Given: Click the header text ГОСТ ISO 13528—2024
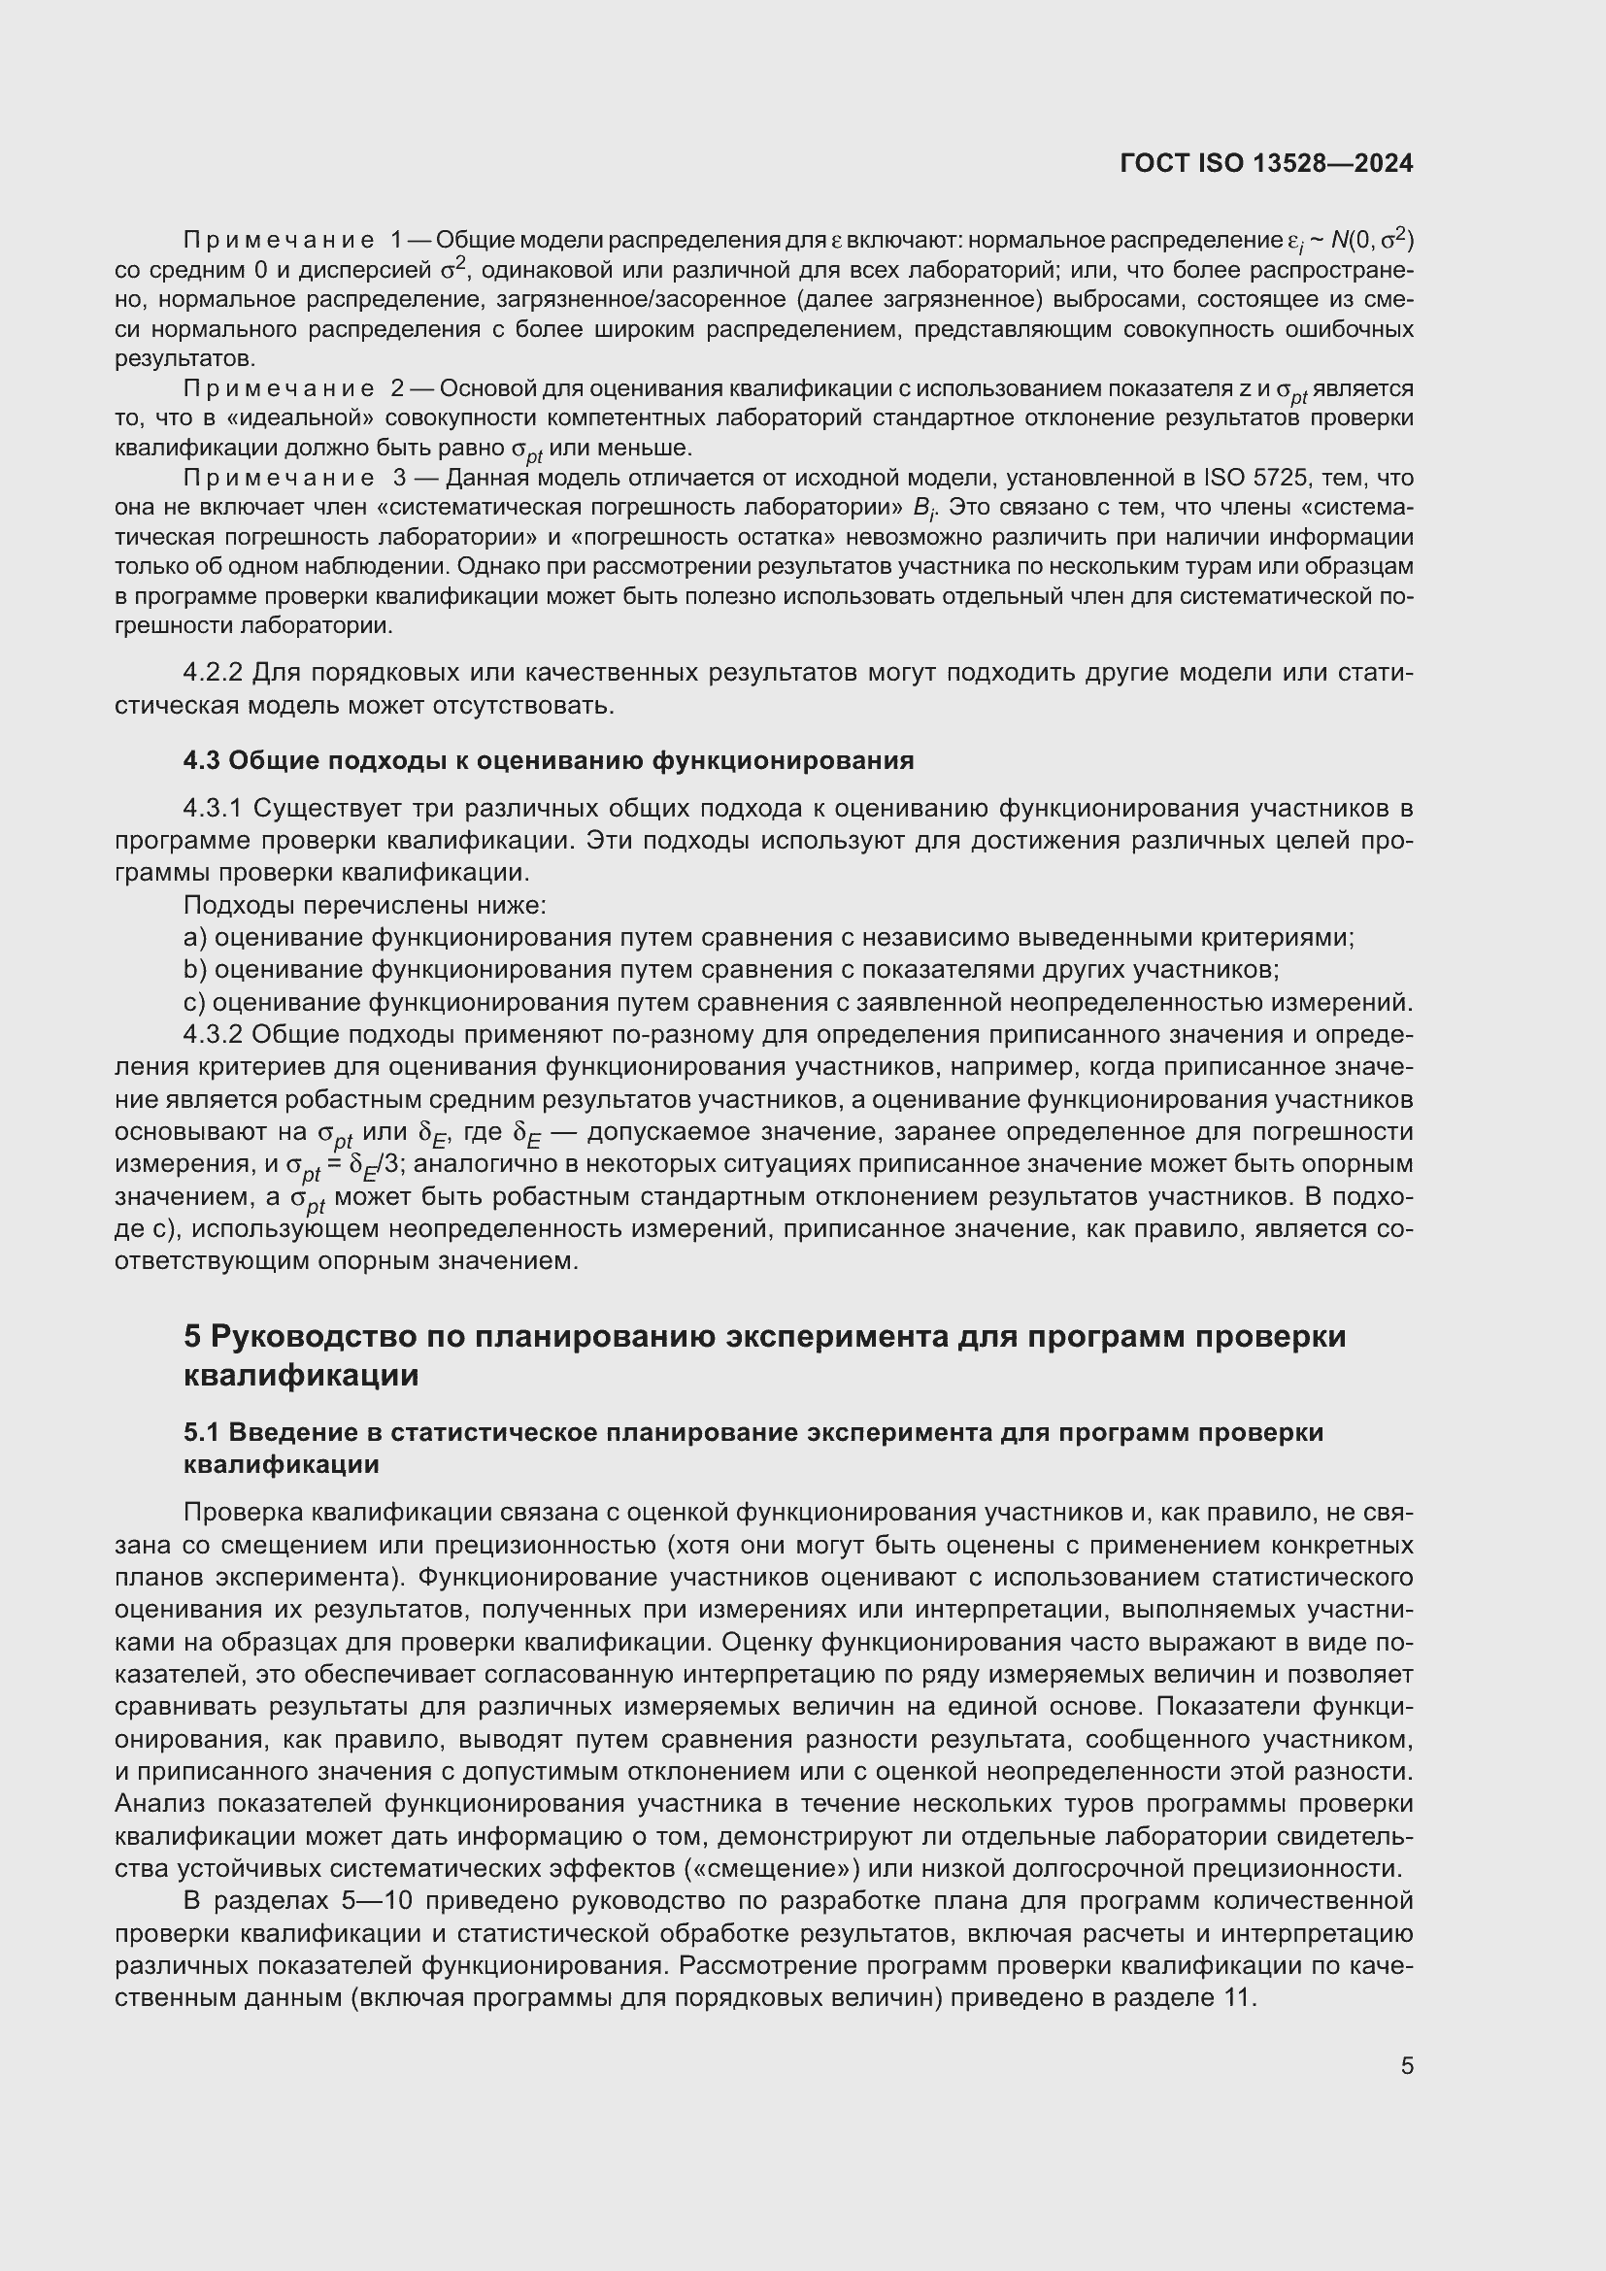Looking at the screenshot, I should click(1266, 163).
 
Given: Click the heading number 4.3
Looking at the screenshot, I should click(203, 760).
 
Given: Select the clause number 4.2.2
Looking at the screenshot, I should click(213, 673).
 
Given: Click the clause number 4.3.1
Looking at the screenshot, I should click(213, 808).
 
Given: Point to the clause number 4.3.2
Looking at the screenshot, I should click(213, 1035).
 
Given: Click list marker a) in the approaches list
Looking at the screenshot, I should click(195, 938).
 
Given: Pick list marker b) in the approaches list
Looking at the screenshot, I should click(195, 969).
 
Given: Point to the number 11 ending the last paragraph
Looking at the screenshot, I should click(1238, 1996).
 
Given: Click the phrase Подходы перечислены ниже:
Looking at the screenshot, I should click(365, 905).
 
